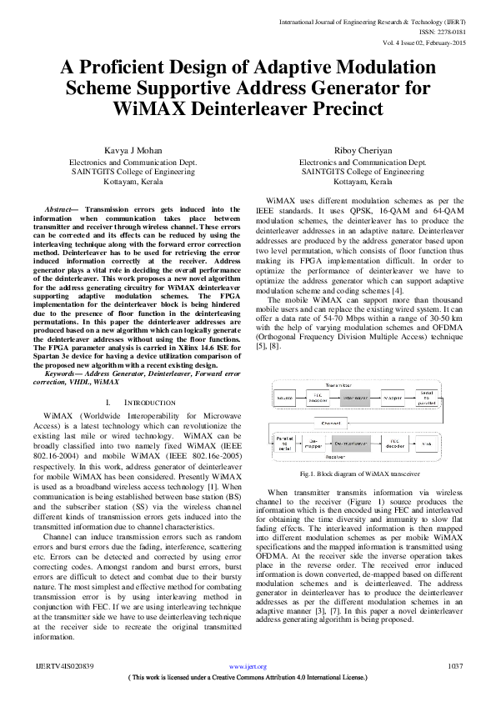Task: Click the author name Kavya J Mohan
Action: pyautogui.click(x=129, y=150)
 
